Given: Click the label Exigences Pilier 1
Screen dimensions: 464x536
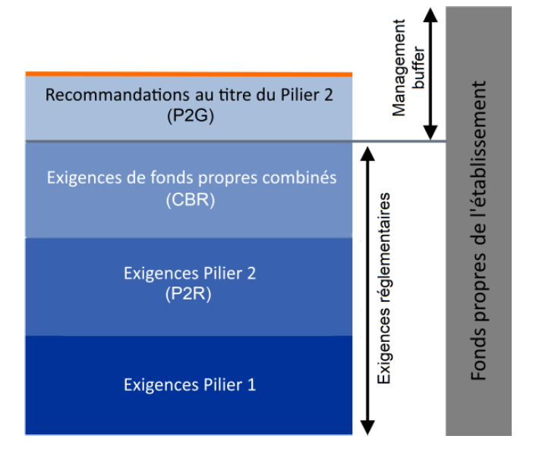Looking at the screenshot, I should (x=190, y=385).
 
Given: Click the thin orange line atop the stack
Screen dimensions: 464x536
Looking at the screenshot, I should (x=189, y=74).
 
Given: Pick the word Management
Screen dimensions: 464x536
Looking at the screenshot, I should (x=400, y=68).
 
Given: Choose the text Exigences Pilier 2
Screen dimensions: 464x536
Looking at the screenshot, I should (x=190, y=274).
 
